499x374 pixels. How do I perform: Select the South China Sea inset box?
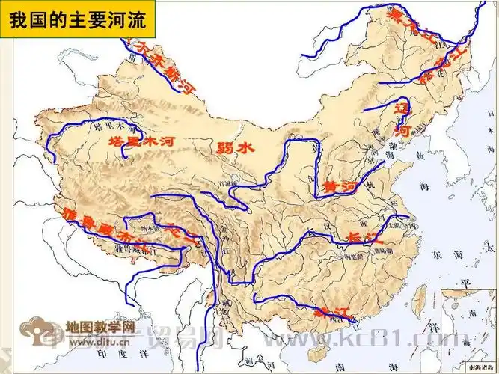[468, 329]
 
